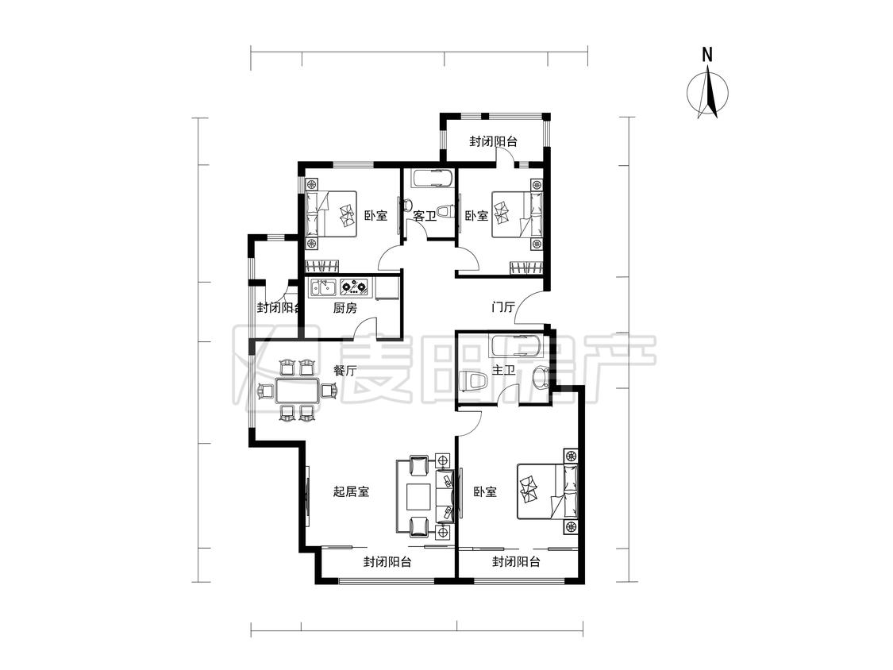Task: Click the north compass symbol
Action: coord(707,92)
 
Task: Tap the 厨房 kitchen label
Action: coord(344,308)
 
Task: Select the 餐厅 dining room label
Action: coord(344,371)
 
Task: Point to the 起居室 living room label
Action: coord(351,491)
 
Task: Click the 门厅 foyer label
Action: coord(503,308)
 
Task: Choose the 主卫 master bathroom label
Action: coord(503,371)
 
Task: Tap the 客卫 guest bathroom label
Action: coord(425,216)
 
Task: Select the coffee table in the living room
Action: coord(418,496)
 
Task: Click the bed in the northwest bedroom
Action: coord(331,214)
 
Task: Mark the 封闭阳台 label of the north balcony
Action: coord(493,141)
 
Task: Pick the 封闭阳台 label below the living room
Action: coord(387,562)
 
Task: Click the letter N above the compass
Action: coord(707,55)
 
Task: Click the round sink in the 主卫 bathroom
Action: coord(539,376)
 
